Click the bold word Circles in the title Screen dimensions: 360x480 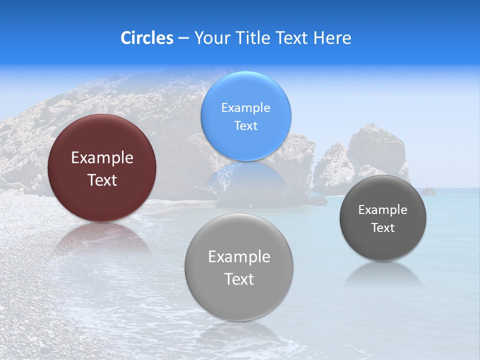(x=147, y=38)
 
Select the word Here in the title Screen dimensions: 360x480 (x=332, y=38)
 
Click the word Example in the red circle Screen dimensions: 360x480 (x=102, y=158)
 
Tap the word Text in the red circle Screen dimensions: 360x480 (x=102, y=180)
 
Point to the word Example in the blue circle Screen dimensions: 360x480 (x=245, y=108)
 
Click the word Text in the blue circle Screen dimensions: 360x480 (x=245, y=126)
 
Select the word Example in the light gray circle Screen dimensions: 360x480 (x=239, y=257)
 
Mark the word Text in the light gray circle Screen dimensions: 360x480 (x=239, y=279)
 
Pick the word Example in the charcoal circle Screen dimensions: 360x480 (x=382, y=210)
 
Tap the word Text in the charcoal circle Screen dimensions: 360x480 (x=382, y=228)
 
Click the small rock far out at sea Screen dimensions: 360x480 (x=427, y=191)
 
